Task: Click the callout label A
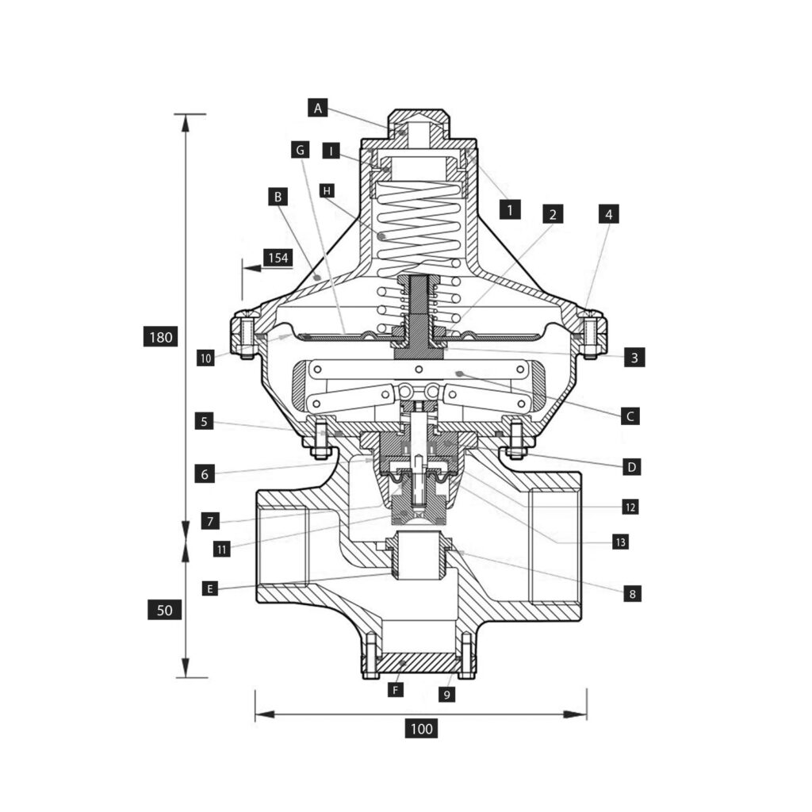[318, 108]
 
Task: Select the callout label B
[278, 196]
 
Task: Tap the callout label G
[299, 149]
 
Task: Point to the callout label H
[325, 190]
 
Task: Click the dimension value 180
[160, 337]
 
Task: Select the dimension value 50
[165, 610]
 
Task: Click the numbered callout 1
[511, 209]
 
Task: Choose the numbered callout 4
[608, 213]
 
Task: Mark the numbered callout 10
[206, 358]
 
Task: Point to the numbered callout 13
[620, 542]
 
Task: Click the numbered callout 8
[631, 593]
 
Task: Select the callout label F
[396, 690]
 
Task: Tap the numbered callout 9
[447, 695]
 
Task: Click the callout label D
[631, 467]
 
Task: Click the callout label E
[209, 588]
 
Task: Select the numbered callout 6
[205, 474]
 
